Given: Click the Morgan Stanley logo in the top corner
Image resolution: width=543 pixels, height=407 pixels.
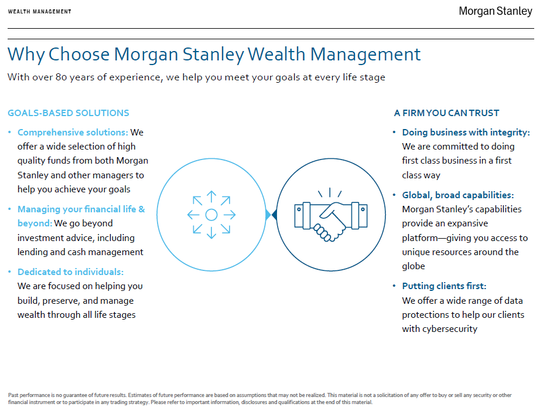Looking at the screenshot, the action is click(495, 11).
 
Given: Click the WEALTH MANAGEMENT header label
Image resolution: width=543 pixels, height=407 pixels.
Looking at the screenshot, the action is click(39, 12).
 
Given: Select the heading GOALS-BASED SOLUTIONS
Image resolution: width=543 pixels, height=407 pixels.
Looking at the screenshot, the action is click(68, 113).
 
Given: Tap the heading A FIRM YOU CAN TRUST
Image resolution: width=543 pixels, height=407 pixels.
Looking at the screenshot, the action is click(447, 113).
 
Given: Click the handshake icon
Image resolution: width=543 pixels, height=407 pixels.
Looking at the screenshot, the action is click(331, 215).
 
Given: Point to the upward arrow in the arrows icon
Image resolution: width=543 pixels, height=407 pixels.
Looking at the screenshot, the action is click(211, 197).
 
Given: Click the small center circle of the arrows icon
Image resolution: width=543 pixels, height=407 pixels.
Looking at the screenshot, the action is click(211, 215).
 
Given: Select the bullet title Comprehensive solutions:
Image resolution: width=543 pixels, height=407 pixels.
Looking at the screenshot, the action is click(73, 133).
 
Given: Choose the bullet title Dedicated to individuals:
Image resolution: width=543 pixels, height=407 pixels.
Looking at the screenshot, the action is click(71, 272).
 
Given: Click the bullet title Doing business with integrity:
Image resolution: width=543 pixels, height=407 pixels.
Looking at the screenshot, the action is click(466, 133).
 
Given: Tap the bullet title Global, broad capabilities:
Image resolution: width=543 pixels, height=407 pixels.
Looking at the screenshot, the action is click(458, 195).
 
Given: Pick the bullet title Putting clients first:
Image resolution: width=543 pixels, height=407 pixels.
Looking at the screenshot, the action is click(444, 286).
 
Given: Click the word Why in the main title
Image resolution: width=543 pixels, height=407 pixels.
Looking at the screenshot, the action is click(26, 55).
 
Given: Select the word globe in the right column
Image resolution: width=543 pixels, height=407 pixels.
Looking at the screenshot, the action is click(414, 266).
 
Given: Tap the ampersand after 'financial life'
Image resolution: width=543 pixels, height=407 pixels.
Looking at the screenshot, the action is click(142, 209).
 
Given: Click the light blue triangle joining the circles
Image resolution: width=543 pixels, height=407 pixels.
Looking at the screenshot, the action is click(268, 215).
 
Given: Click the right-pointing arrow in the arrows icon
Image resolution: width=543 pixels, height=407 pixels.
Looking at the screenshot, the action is click(229, 215).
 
